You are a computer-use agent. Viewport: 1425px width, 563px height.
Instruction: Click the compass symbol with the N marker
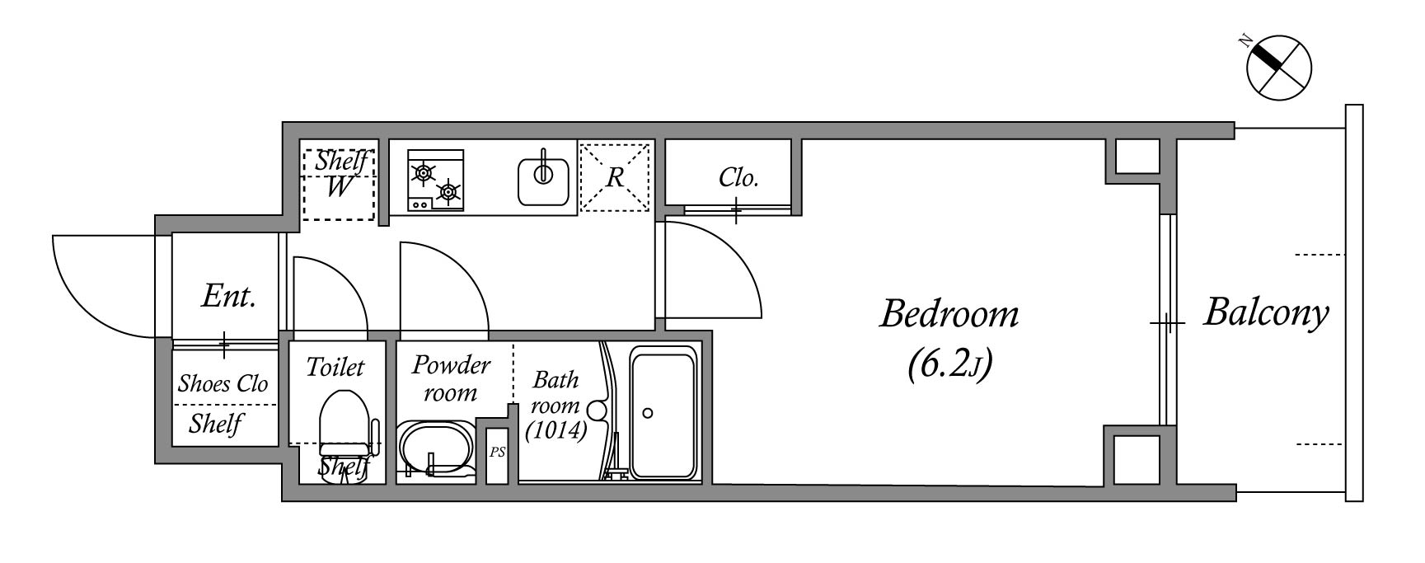(x=1278, y=68)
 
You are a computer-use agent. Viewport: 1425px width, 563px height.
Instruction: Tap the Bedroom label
(x=949, y=314)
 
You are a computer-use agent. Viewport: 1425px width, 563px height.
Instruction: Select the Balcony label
(x=1266, y=313)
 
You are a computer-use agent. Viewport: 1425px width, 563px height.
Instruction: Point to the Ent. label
(x=228, y=297)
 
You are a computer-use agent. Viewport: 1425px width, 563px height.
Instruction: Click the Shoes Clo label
(x=223, y=383)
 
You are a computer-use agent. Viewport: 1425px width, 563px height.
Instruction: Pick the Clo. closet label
(x=738, y=177)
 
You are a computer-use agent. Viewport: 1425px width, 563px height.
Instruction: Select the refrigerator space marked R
(x=616, y=177)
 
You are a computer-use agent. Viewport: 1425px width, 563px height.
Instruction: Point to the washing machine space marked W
(x=338, y=187)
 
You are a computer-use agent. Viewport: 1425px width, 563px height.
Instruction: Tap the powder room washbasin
(x=435, y=448)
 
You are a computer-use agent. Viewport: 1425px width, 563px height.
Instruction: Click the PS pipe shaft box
(x=497, y=454)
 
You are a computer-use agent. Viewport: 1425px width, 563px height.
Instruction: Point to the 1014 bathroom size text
(x=556, y=430)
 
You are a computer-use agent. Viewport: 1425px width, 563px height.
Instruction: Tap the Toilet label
(x=335, y=367)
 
